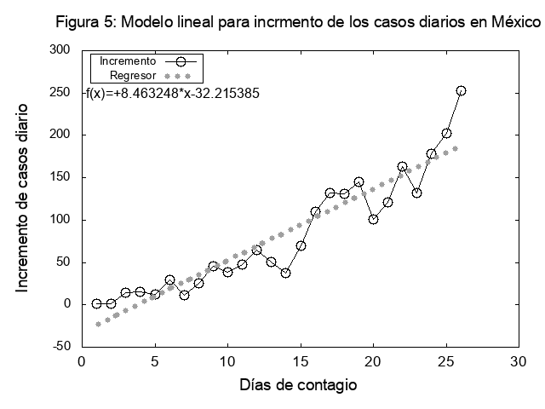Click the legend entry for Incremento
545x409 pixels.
pyautogui.click(x=128, y=61)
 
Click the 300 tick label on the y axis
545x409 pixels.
pyautogui.click(x=59, y=50)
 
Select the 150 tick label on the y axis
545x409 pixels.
pyautogui.click(x=59, y=177)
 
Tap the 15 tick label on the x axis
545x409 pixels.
pyautogui.click(x=300, y=360)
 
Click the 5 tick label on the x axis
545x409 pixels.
pyautogui.click(x=155, y=360)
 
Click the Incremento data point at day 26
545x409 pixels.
pyautogui.click(x=461, y=90)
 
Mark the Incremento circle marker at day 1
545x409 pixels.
pyautogui.click(x=97, y=303)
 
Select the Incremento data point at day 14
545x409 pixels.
pyautogui.click(x=286, y=273)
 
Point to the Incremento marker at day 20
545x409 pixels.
pyautogui.click(x=373, y=219)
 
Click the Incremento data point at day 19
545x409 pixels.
pyautogui.click(x=359, y=182)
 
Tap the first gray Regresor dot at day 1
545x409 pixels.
pyautogui.click(x=98, y=324)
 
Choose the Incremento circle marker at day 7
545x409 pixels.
pyautogui.click(x=184, y=295)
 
